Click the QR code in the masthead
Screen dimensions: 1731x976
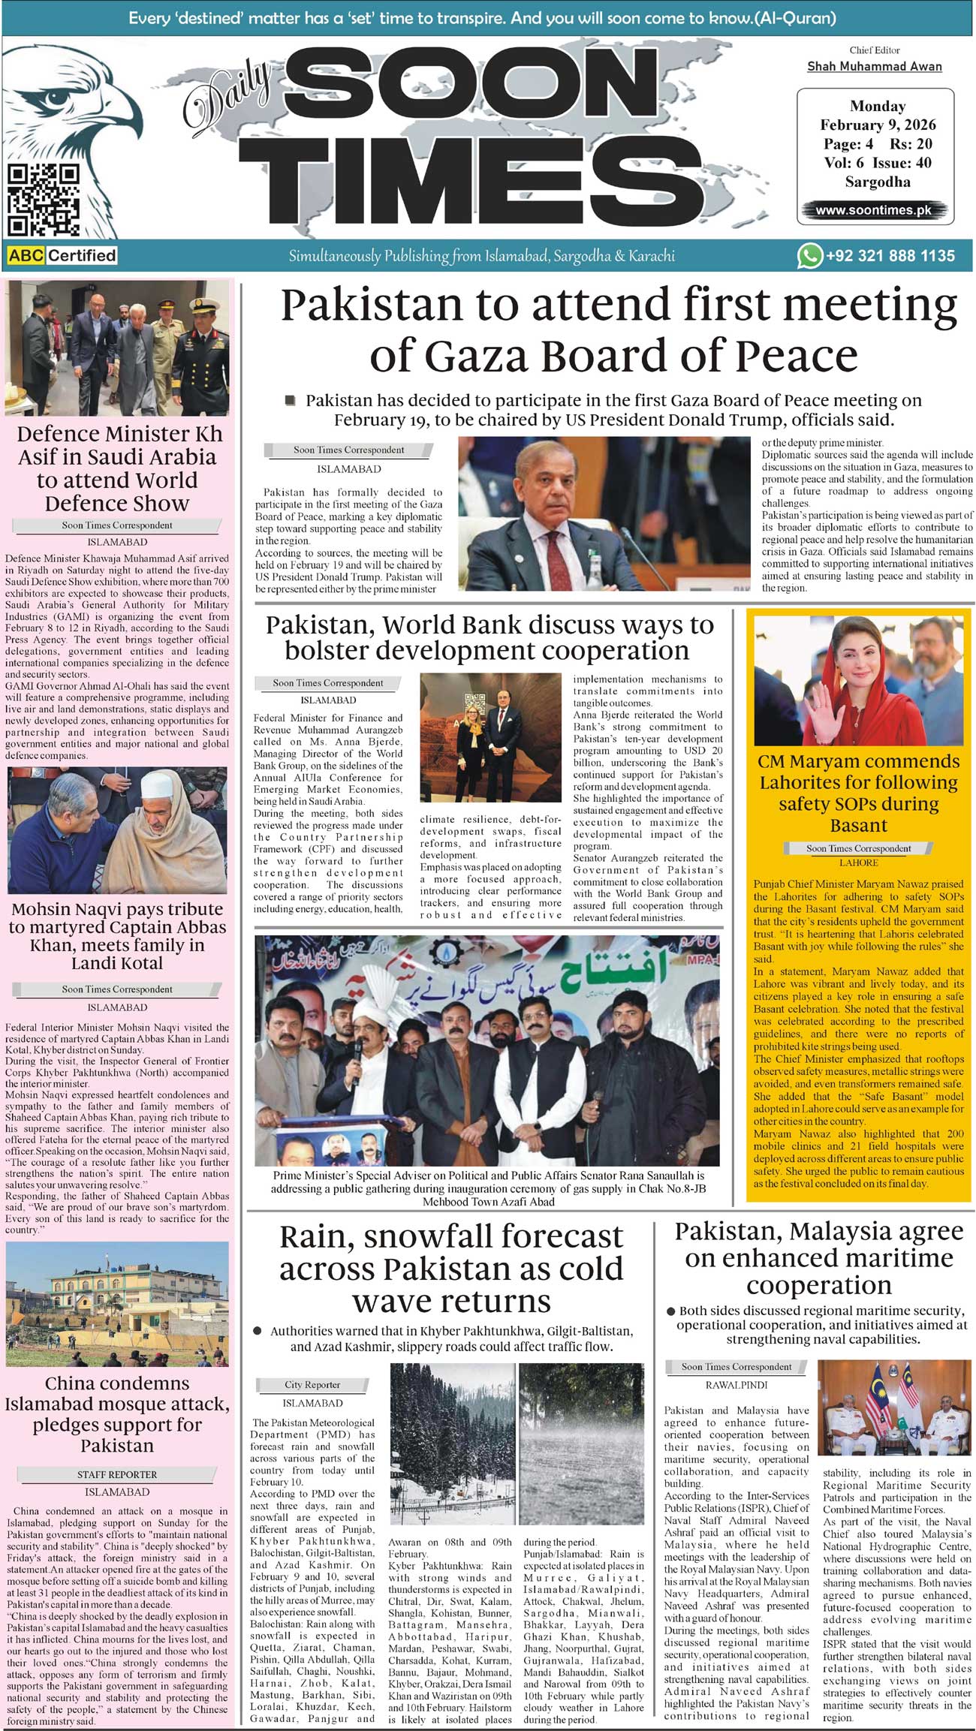pos(44,200)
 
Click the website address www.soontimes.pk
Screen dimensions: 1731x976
pos(873,210)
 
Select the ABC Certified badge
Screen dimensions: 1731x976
pos(62,255)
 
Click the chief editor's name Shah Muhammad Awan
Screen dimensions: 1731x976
pos(874,66)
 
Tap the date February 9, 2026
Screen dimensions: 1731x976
pos(878,125)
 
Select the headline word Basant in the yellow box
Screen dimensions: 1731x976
pos(858,826)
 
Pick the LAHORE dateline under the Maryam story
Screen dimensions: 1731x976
pos(858,863)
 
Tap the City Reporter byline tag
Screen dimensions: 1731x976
pos(312,1385)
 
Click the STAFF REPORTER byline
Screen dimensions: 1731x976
pos(117,1474)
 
